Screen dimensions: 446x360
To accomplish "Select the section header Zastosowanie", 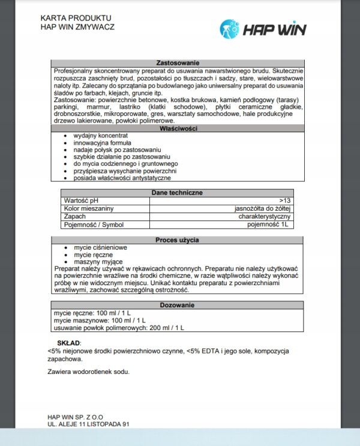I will (x=178, y=63).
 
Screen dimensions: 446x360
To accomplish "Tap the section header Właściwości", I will (x=178, y=128).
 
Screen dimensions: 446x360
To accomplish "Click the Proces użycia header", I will (x=178, y=240).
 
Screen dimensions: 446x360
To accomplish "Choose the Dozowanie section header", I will (x=177, y=306).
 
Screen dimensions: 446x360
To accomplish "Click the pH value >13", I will (x=285, y=200).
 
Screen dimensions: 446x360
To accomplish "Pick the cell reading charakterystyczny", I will (x=265, y=216).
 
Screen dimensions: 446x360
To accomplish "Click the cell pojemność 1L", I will (x=269, y=225).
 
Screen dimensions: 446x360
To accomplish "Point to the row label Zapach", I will (x=75, y=216).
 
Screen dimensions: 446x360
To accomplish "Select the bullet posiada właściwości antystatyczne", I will (x=122, y=178).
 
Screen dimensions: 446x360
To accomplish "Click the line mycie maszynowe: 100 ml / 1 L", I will (x=100, y=321).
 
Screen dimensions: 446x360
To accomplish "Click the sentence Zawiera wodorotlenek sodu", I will (x=88, y=372).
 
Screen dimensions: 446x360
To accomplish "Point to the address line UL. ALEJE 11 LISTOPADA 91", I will (x=88, y=424).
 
